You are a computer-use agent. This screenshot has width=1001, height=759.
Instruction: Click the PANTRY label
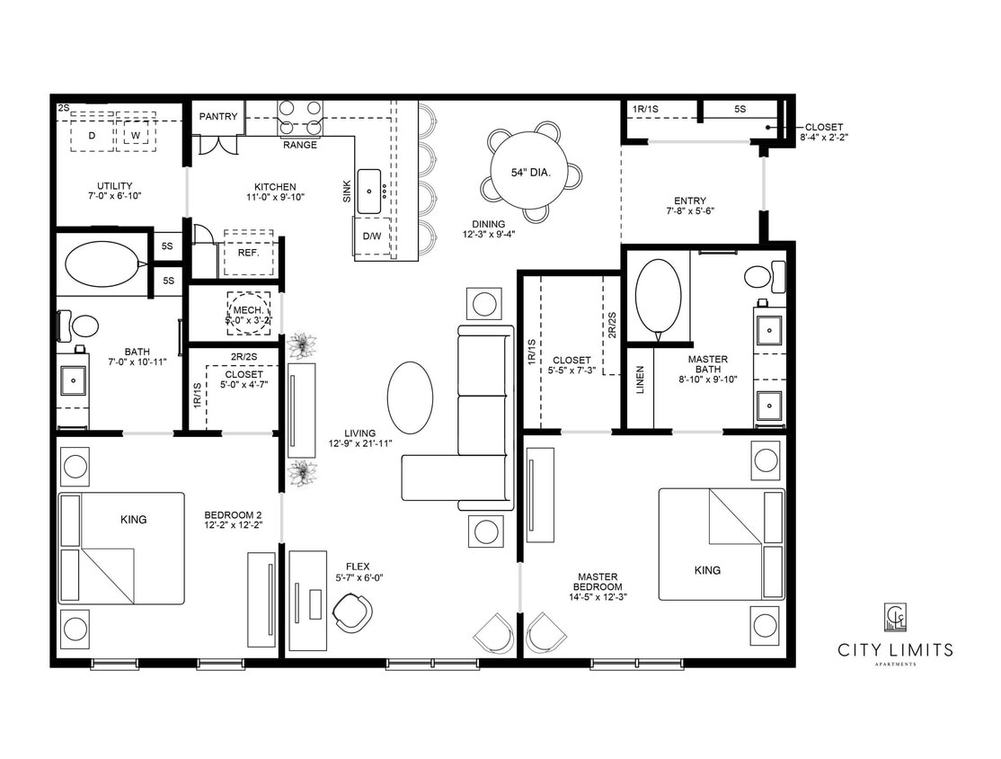218,116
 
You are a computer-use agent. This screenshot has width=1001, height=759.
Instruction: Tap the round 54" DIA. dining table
530,172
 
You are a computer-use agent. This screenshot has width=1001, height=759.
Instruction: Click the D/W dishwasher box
371,237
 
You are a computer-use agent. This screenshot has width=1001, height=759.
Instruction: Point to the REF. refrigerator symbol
248,253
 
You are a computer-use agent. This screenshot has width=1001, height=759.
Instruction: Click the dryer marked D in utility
91,135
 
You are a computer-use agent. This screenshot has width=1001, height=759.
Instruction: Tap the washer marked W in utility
136,135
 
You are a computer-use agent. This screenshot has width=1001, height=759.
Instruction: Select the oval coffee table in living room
410,397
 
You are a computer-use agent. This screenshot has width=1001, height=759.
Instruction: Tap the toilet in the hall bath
82,324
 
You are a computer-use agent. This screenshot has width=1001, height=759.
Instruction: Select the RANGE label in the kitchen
300,145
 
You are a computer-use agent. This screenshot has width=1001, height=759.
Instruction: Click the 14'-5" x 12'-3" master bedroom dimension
597,595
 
